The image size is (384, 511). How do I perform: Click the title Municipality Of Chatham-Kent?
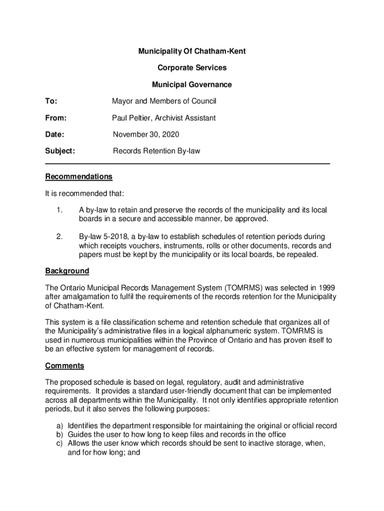coord(192,51)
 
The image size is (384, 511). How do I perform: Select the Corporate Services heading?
coord(192,68)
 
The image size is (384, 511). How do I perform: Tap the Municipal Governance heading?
coord(192,85)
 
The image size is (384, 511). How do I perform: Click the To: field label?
coord(51,101)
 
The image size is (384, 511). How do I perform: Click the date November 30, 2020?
coord(146,135)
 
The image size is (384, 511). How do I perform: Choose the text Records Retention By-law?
coord(157,151)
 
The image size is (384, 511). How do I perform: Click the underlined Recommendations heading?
coord(79,177)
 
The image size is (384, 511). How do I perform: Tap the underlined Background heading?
coord(67,271)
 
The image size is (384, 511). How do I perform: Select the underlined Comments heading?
coord(65,366)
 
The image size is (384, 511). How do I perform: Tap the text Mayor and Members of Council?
coord(164,101)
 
